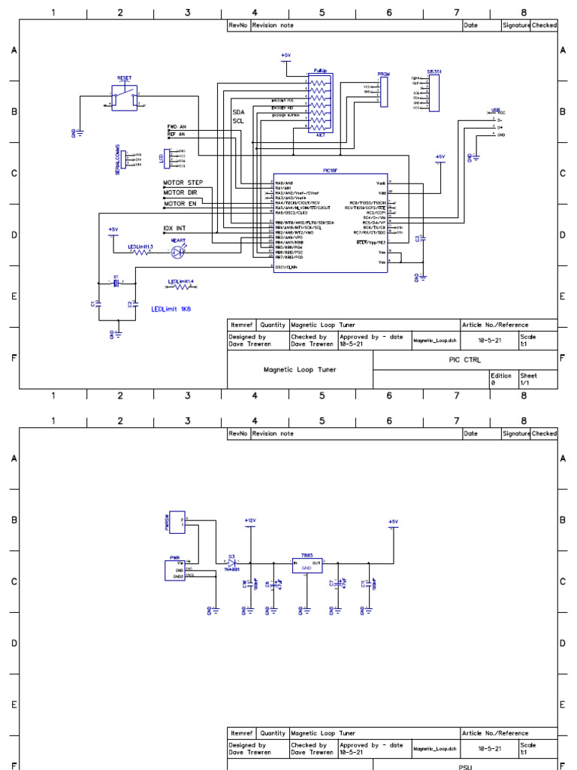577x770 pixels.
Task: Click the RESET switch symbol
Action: click(x=124, y=95)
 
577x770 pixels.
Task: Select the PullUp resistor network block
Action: click(x=321, y=102)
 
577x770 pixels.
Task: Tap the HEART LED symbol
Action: click(x=177, y=252)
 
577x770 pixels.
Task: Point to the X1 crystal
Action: click(x=116, y=283)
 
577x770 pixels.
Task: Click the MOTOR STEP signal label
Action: click(x=183, y=183)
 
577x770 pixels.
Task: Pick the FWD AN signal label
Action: click(x=176, y=127)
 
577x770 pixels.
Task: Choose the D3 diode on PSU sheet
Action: click(x=232, y=562)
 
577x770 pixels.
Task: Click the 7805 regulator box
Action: click(x=307, y=565)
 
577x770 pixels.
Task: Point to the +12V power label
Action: click(x=250, y=520)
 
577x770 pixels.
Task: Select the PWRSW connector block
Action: click(x=177, y=521)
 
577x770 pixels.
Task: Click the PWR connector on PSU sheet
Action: click(x=176, y=570)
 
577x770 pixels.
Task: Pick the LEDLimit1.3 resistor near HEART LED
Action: click(x=141, y=252)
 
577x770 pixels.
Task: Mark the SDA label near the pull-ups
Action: click(x=238, y=111)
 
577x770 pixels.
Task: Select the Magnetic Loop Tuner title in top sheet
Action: click(x=300, y=370)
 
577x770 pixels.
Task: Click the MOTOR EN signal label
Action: click(x=181, y=203)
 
